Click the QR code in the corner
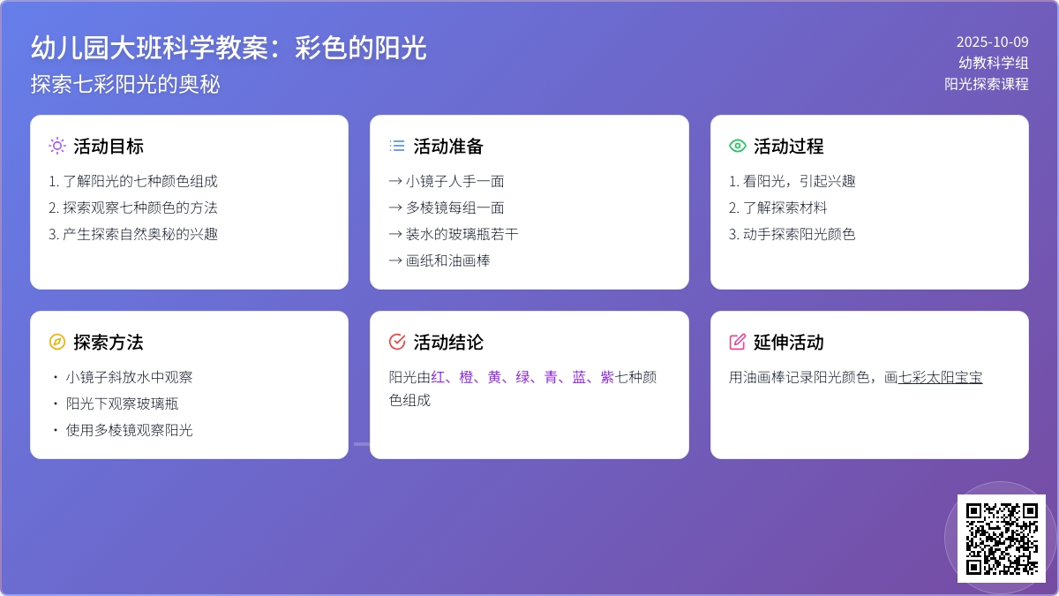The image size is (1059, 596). (1001, 539)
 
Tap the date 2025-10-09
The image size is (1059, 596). (992, 41)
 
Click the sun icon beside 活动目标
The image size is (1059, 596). (57, 146)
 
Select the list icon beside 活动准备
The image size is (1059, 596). (397, 146)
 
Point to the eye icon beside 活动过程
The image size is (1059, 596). (738, 146)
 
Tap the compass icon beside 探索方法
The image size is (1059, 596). (57, 342)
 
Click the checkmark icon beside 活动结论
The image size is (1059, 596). (397, 342)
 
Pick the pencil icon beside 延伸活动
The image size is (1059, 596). (738, 342)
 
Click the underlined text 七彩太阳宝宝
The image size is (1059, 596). (940, 377)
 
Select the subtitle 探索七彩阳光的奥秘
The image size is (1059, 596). (125, 84)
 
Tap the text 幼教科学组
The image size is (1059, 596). (994, 63)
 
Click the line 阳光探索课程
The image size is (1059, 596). (987, 84)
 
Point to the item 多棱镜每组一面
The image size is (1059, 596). (447, 207)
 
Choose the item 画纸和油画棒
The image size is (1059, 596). (439, 260)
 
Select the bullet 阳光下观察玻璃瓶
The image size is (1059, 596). (123, 404)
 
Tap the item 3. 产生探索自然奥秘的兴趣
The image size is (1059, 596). (133, 234)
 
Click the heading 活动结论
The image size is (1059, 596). (448, 342)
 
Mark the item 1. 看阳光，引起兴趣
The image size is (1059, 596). (792, 181)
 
